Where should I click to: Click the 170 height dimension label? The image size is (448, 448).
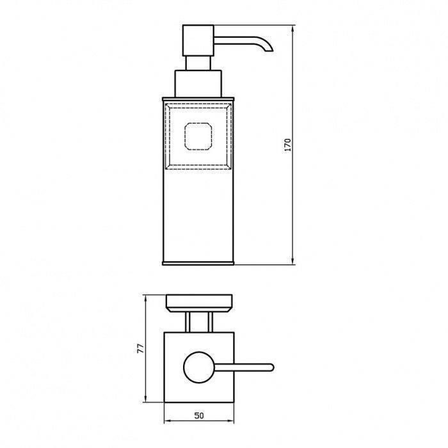click(x=288, y=145)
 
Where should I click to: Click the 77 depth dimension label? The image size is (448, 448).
click(x=141, y=349)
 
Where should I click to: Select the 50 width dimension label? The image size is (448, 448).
click(x=199, y=415)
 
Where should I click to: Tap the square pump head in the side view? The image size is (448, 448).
click(x=198, y=40)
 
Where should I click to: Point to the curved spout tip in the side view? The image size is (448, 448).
click(x=269, y=49)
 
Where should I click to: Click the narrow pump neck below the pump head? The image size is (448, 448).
click(x=198, y=63)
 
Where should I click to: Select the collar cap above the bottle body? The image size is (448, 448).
click(x=198, y=84)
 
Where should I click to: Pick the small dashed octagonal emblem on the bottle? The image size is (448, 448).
click(x=198, y=136)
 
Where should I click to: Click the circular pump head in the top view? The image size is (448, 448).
click(x=199, y=367)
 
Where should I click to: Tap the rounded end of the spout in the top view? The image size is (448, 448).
click(x=271, y=367)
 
